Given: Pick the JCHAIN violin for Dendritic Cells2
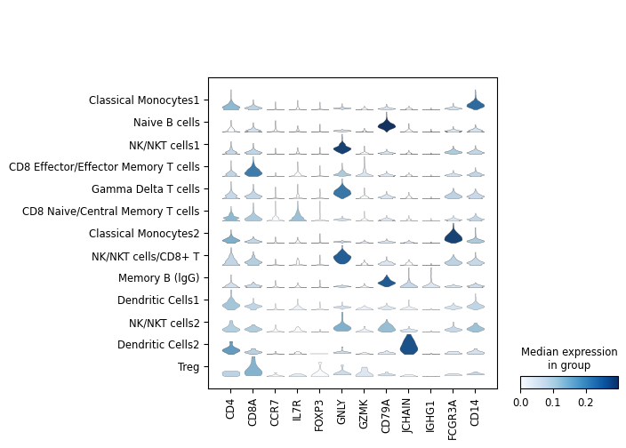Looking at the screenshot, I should [409, 344].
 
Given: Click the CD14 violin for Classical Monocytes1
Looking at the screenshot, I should [476, 104].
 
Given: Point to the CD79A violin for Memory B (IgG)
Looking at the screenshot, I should [387, 282].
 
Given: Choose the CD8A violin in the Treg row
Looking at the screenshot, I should [253, 367].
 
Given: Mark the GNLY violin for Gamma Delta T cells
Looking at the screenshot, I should [342, 190].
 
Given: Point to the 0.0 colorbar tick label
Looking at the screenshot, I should [521, 403].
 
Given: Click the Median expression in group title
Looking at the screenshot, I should [569, 359].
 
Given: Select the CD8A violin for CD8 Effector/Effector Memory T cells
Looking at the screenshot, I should [253, 170].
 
